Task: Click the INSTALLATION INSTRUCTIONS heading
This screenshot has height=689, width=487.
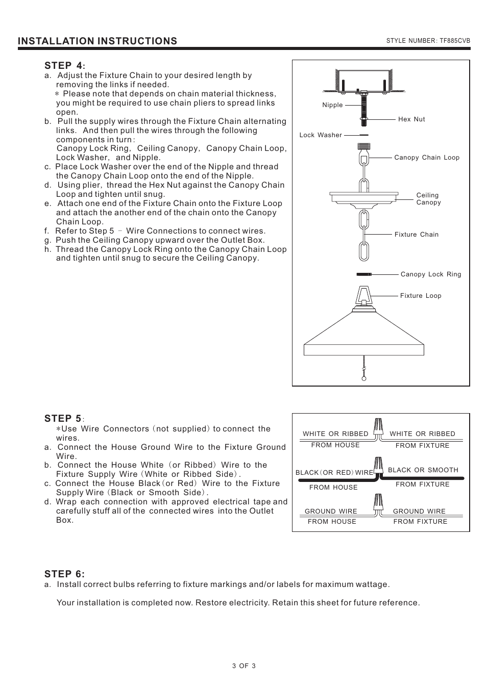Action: (98, 41)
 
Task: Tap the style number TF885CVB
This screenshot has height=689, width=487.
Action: (428, 41)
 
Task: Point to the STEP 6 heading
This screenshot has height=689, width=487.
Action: (64, 574)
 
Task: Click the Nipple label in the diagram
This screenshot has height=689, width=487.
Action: (332, 105)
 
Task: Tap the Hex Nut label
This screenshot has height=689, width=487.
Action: (411, 119)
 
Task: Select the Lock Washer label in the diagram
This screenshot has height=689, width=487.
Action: (321, 135)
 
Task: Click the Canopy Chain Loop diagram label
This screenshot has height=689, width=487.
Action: (427, 158)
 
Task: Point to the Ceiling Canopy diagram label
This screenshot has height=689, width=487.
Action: (428, 199)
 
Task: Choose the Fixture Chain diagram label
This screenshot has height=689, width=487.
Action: (417, 235)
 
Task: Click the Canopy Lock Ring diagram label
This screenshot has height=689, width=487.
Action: (431, 274)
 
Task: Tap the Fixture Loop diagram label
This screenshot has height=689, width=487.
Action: (421, 296)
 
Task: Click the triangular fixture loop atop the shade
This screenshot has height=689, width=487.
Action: (364, 296)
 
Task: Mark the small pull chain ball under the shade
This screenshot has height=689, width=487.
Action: (364, 378)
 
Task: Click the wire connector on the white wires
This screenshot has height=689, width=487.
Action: (378, 427)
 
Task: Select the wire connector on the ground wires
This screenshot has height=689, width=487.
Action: (379, 502)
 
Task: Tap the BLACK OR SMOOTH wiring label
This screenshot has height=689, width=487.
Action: (423, 470)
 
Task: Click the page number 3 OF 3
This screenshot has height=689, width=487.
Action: (243, 666)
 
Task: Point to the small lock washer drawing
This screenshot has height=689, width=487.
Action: (364, 135)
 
